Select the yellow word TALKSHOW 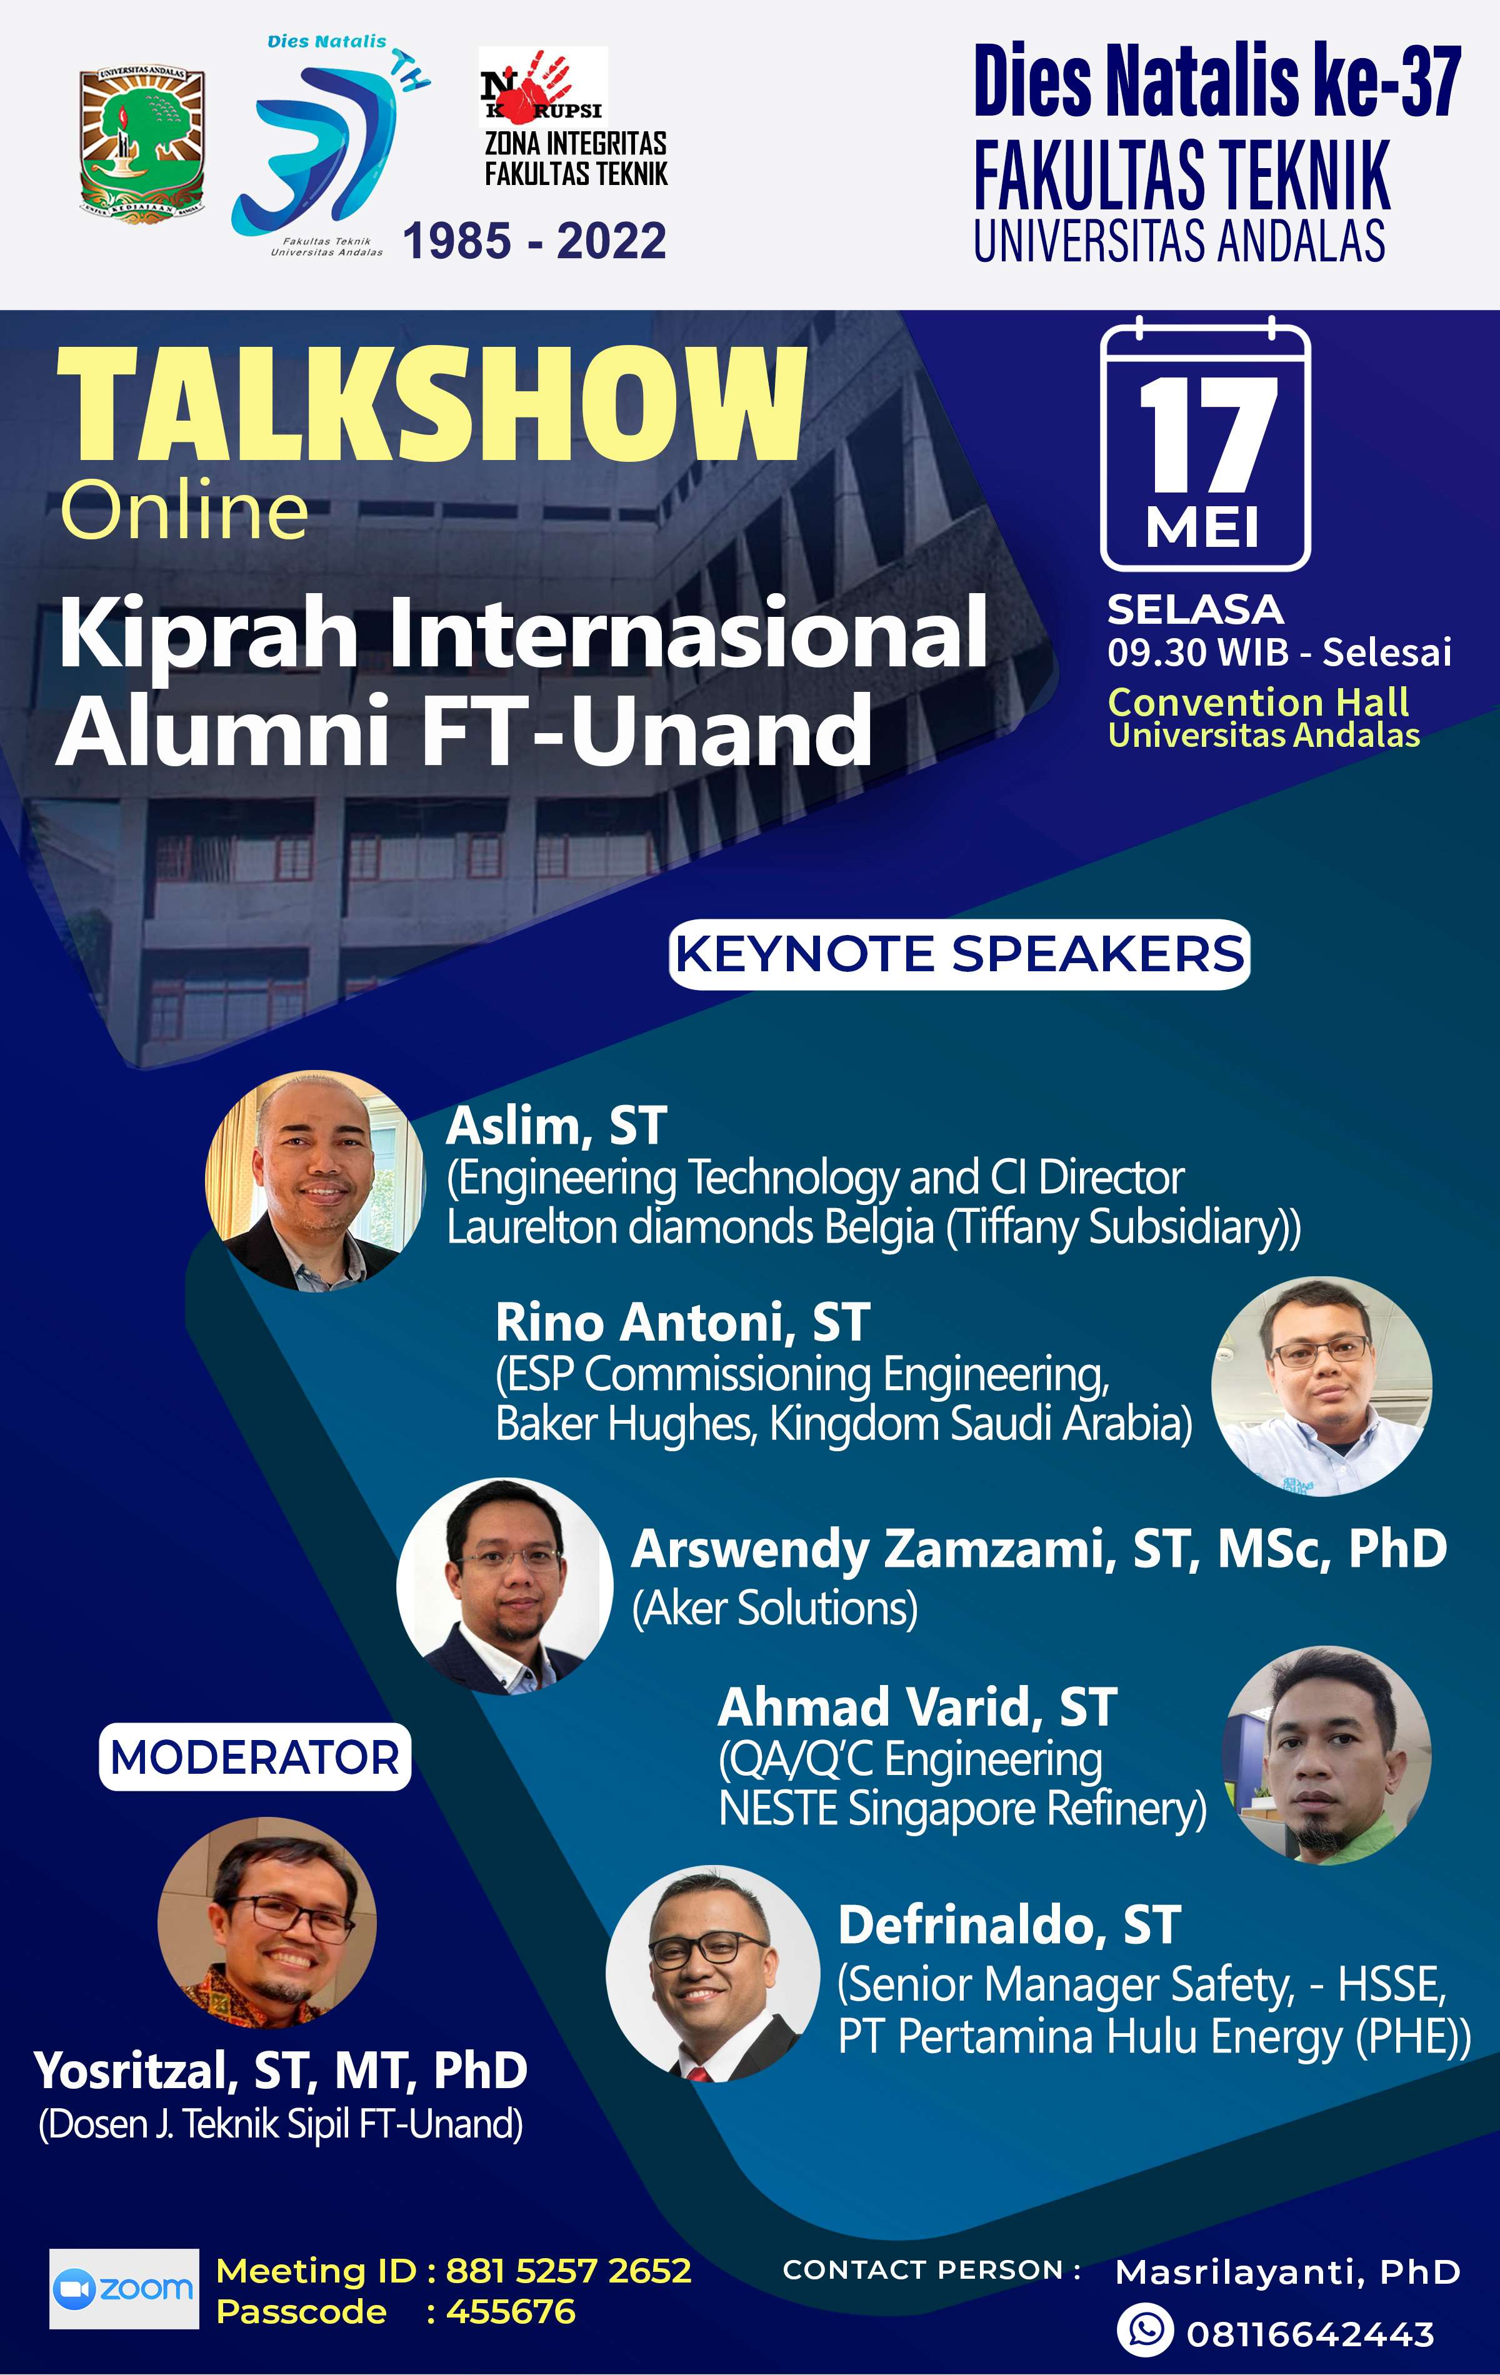click(432, 406)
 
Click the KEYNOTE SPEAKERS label click(959, 954)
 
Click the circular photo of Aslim click(314, 1179)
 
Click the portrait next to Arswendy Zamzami click(505, 1586)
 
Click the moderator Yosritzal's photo click(267, 1923)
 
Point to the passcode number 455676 click(511, 2311)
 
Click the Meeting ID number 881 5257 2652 click(568, 2271)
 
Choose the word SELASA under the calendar click(1195, 609)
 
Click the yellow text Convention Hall click(1258, 702)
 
